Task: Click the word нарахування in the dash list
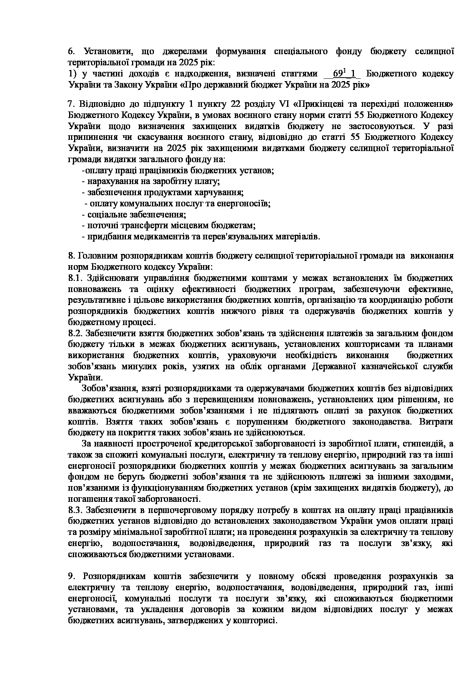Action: (x=109, y=181)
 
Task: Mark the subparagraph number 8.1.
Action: (x=75, y=278)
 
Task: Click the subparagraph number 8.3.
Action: (x=76, y=510)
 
